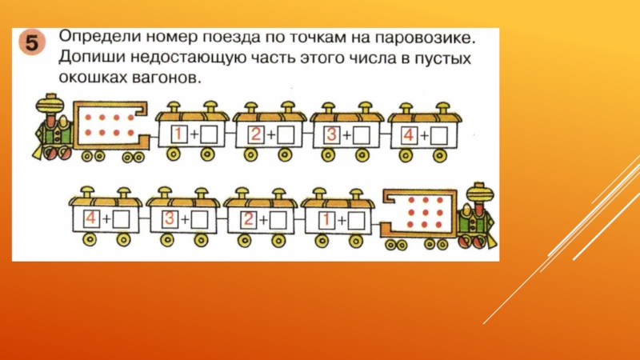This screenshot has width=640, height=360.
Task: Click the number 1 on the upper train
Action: click(180, 134)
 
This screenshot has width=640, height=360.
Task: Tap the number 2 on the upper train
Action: click(256, 134)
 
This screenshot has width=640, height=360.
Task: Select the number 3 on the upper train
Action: click(330, 134)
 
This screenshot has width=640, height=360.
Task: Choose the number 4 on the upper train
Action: click(407, 134)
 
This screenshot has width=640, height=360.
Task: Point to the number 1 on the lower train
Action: click(326, 217)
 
